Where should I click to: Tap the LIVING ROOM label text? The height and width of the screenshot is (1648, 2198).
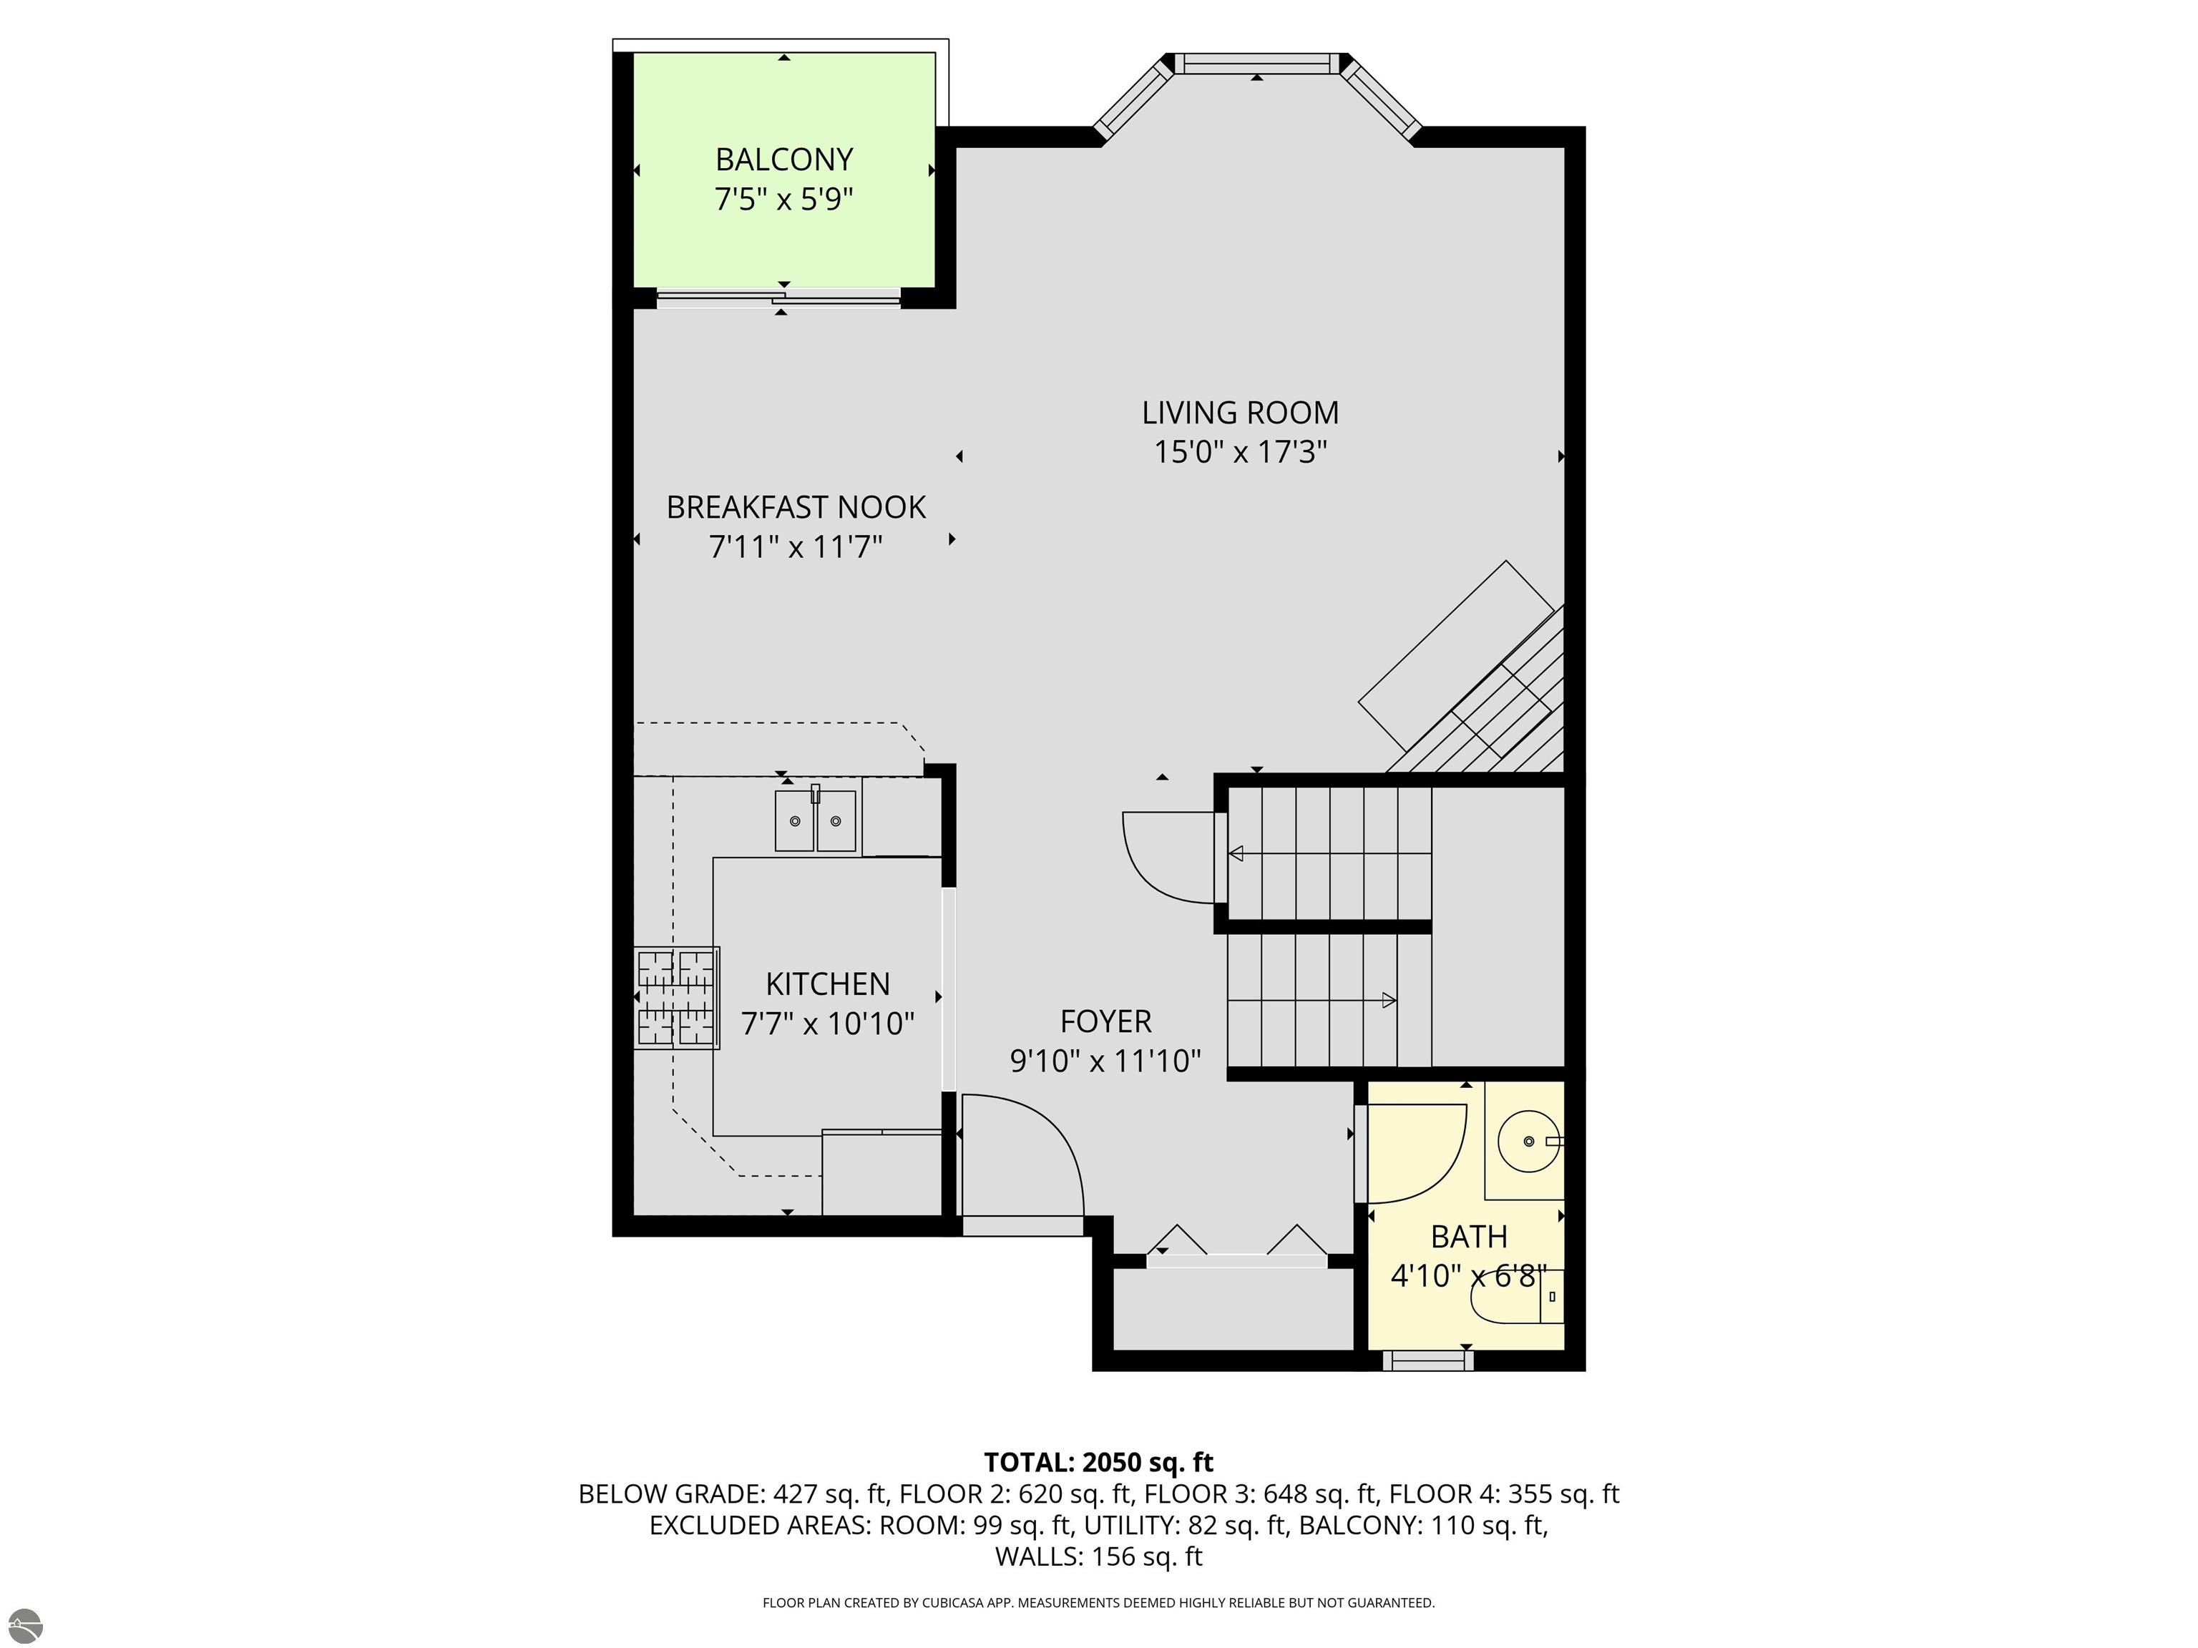point(1240,412)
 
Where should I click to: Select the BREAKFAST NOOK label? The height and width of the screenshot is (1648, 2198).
point(796,508)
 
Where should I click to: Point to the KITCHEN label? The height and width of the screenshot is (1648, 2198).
point(828,984)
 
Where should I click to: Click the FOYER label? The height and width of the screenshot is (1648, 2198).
point(1106,1021)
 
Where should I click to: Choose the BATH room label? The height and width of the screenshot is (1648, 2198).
point(1469,1237)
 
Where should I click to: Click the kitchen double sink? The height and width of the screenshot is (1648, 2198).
point(816,820)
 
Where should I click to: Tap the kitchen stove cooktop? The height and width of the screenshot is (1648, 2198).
point(677,997)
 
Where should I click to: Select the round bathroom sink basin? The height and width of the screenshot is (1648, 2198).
point(1528,1142)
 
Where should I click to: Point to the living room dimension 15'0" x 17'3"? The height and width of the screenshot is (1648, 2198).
point(1240,452)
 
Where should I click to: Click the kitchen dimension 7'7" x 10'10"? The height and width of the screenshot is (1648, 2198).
point(828,1023)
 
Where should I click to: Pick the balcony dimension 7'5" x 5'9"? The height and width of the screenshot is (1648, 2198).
point(784,199)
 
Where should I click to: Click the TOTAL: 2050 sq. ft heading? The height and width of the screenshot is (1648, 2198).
point(1099,1462)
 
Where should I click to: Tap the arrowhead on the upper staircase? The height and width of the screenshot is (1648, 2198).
point(1237,853)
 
